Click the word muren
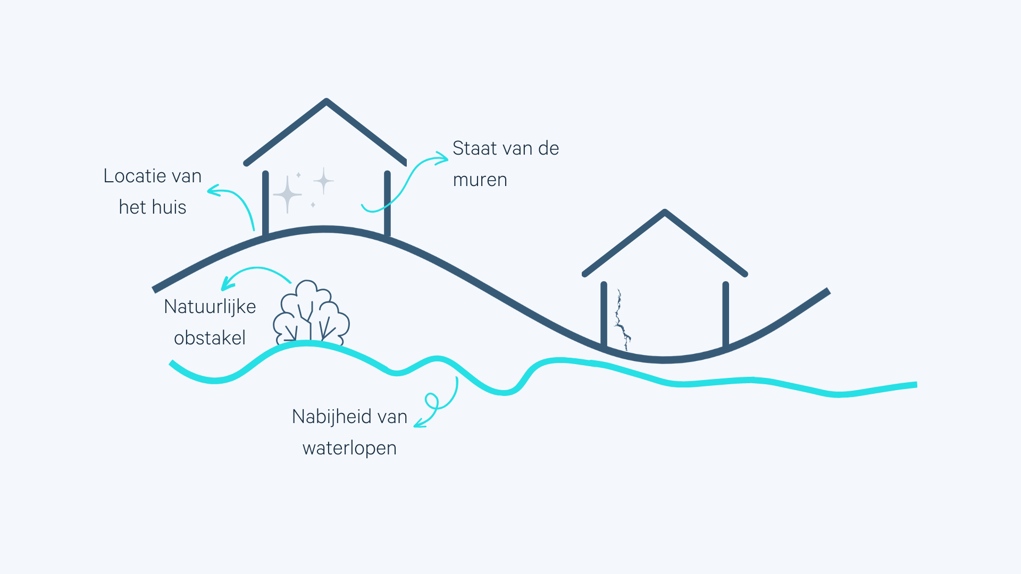click(x=480, y=180)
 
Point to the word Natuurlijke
click(x=210, y=307)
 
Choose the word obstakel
click(x=210, y=338)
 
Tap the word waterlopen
click(x=349, y=448)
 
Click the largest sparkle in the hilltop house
click(x=287, y=194)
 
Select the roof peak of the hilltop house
click(x=326, y=101)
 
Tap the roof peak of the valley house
click(x=665, y=212)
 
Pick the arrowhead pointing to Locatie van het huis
click(x=213, y=190)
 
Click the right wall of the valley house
click(x=726, y=314)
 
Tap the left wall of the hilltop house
click(x=265, y=202)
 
